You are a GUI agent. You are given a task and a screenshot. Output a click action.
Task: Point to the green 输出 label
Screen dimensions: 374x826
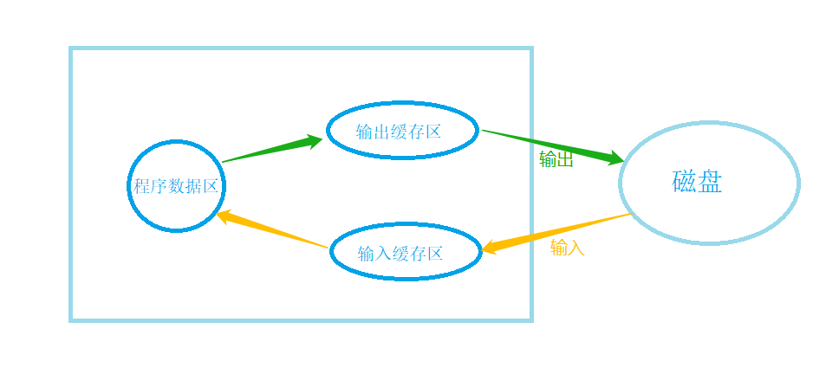[x=556, y=159]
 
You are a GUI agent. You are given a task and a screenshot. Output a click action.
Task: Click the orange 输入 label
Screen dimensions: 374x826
[x=567, y=248]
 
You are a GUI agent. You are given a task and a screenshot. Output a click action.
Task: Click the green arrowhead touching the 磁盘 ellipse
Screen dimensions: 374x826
[x=615, y=158]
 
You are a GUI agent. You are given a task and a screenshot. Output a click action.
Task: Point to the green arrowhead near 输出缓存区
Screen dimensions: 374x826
[x=312, y=140]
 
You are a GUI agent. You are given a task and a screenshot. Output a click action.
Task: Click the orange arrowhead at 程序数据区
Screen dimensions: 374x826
[x=223, y=216]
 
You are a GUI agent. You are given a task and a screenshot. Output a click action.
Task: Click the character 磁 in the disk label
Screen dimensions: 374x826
[x=685, y=182]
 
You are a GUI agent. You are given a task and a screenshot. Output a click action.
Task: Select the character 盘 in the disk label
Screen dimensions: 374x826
[x=710, y=182]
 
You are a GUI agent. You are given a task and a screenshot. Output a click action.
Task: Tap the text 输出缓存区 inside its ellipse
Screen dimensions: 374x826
[x=399, y=132]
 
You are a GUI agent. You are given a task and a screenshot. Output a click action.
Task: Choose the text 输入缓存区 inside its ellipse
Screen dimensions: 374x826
[x=400, y=254]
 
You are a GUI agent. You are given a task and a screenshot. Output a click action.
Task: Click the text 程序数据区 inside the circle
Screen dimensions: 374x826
[x=177, y=186]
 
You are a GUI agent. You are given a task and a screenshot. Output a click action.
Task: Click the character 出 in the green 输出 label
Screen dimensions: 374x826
[x=564, y=159]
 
